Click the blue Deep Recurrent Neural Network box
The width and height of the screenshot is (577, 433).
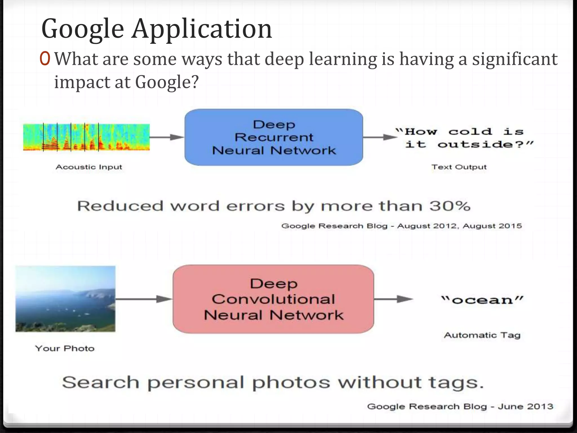(274, 137)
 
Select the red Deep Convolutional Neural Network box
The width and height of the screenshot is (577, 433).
(273, 299)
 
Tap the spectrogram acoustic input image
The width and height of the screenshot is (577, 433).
(86, 137)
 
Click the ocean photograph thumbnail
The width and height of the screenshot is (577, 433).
(65, 299)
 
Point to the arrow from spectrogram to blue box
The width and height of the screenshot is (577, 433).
(167, 137)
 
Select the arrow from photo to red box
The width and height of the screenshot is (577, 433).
(144, 299)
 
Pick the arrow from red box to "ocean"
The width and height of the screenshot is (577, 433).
(393, 299)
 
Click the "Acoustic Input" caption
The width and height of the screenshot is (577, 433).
(89, 167)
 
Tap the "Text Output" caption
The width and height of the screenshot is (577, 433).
(459, 167)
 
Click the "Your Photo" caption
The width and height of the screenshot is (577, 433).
(65, 348)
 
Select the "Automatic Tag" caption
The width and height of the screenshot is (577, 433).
(482, 335)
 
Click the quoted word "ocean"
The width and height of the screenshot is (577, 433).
(482, 300)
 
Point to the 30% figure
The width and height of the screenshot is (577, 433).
(450, 206)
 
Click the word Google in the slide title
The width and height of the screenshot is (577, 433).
(83, 29)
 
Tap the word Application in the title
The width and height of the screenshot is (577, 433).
(202, 29)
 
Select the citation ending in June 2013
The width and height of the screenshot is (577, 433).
(460, 406)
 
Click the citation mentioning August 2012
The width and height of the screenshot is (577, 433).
(401, 226)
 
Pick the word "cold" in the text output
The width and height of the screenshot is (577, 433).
(470, 132)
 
